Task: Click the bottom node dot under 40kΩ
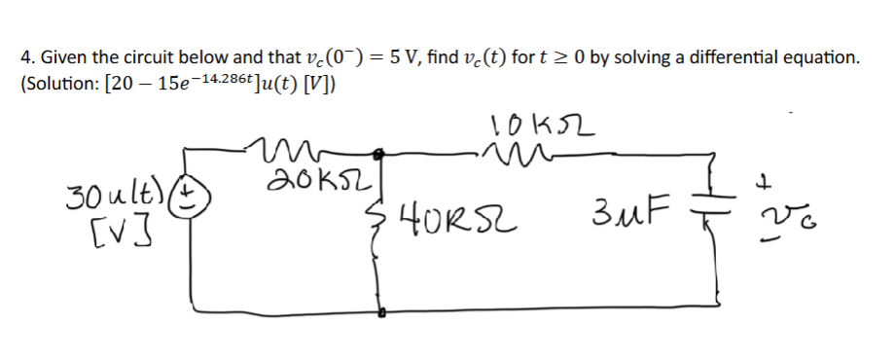[382, 314]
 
